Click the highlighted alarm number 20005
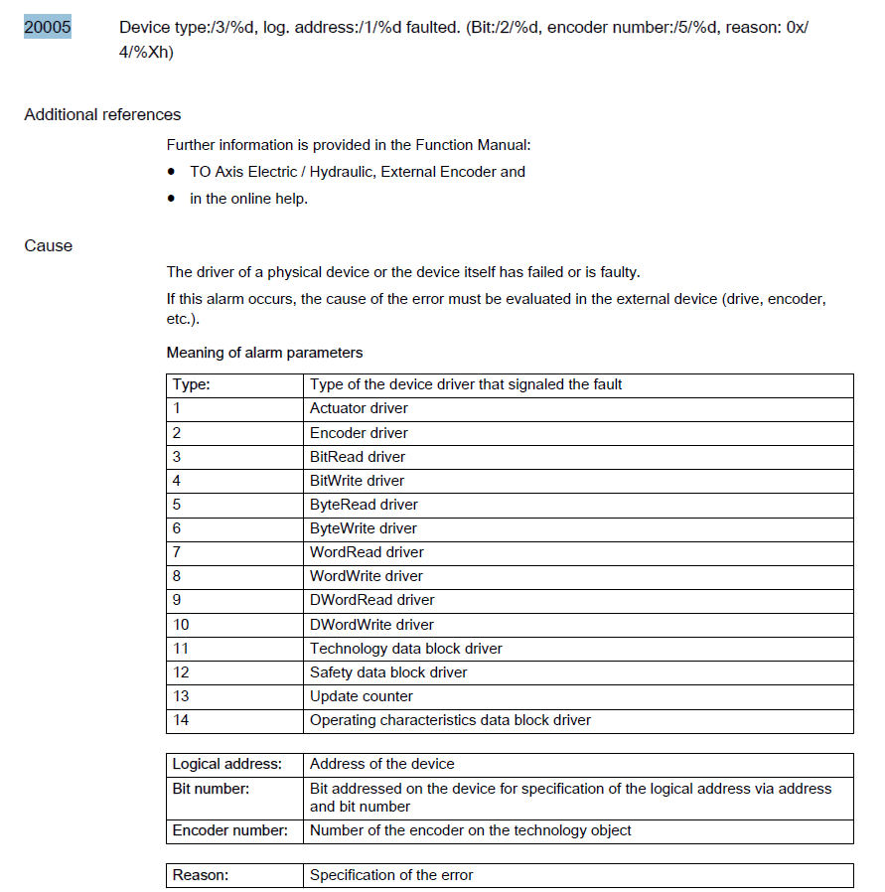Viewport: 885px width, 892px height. (x=48, y=28)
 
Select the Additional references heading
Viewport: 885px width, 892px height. (x=102, y=114)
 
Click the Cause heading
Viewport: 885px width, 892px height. (x=49, y=245)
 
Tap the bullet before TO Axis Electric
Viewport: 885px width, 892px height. (x=173, y=172)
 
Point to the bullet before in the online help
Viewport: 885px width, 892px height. (x=173, y=199)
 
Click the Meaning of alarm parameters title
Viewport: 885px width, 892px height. (x=264, y=353)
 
